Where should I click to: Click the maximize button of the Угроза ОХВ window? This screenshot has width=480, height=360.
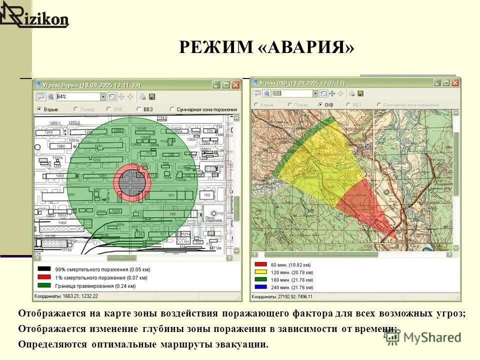tap(446, 83)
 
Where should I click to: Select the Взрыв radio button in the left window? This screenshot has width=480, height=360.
tap(39, 108)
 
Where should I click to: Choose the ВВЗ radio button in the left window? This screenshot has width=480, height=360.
tap(139, 108)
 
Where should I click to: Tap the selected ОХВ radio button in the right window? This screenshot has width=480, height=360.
tap(320, 105)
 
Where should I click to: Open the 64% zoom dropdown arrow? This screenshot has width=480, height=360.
tap(103, 96)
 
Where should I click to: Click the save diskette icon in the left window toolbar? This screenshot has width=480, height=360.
tap(152, 96)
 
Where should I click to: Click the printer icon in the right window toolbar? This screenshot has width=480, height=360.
tap(351, 93)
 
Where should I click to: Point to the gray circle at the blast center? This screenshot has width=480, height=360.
tap(132, 183)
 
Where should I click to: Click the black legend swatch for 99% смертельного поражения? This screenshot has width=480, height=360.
tap(44, 269)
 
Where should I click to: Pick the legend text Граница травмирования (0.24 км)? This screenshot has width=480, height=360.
tap(95, 285)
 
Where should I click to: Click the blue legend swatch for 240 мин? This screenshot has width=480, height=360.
tap(260, 287)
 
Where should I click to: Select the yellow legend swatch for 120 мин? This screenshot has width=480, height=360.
tap(260, 272)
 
